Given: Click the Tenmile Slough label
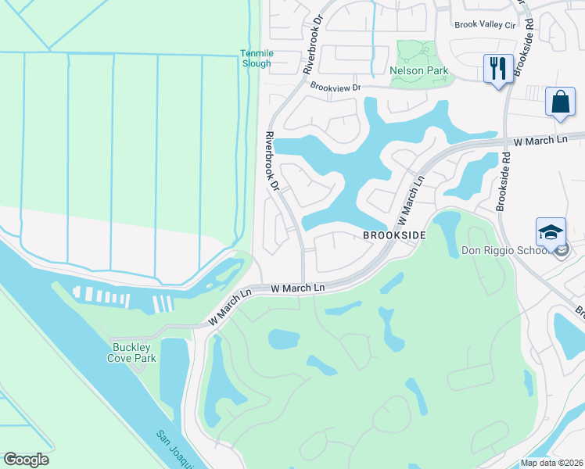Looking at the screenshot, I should coord(255,59).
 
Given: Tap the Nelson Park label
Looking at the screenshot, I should coord(419,70).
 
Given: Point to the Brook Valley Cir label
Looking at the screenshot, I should coord(485,24).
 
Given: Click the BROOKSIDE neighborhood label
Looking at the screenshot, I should coord(393,234).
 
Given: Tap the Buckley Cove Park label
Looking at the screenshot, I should coord(132,353).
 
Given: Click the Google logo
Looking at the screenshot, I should coord(26,460).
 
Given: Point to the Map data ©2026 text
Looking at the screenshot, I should coord(551,463).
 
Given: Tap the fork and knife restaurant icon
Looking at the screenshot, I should coord(497,69).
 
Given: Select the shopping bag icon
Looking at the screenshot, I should coord(561,102).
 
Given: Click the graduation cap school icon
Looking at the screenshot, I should coord(551,232).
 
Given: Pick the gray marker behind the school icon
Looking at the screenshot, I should coord(563,250).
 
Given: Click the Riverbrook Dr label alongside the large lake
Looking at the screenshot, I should coord(271,162).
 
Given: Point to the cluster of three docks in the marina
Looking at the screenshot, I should coord(163,303).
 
